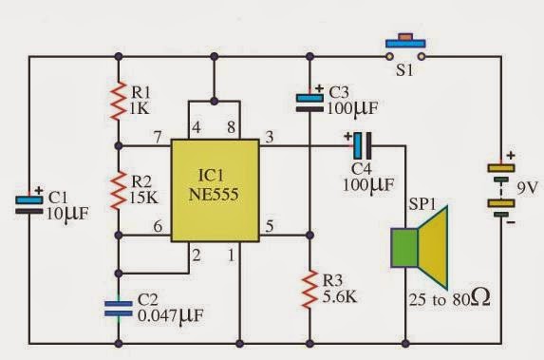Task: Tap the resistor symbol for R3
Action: pos(311,288)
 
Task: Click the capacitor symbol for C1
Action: pos(28,201)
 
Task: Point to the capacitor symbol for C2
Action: pos(118,304)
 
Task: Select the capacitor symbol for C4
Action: pos(362,146)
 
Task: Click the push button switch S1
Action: pos(406,47)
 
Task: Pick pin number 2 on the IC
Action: pos(197,255)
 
